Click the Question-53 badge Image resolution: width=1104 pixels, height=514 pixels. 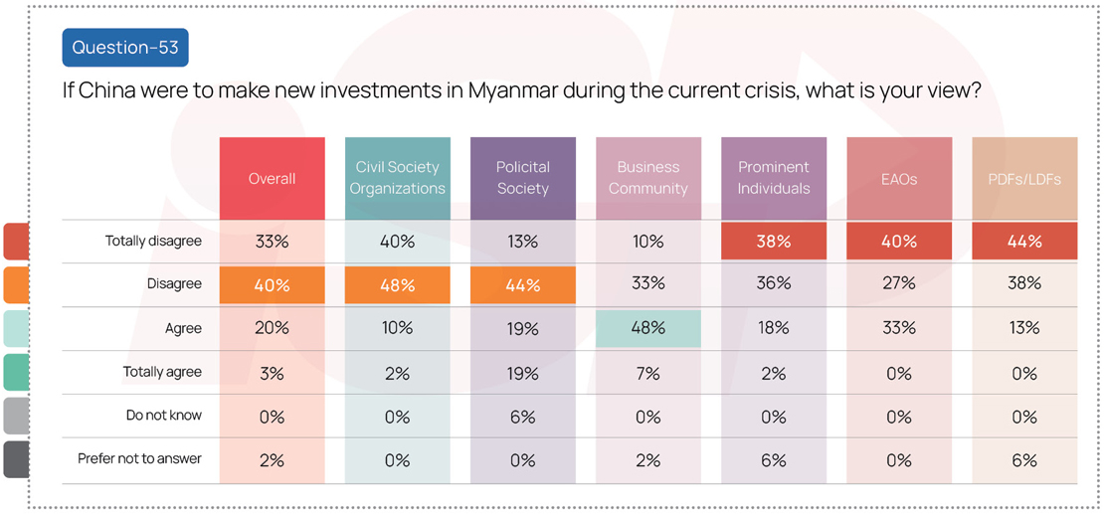tap(124, 47)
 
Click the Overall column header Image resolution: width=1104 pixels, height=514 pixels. tap(272, 179)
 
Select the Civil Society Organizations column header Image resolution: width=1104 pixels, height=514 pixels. tap(397, 179)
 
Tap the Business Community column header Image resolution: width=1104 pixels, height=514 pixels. tap(647, 179)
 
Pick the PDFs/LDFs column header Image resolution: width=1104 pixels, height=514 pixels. tap(1023, 179)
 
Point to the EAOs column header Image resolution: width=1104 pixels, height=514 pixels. tap(898, 179)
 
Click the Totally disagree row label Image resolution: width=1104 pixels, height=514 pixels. tap(153, 242)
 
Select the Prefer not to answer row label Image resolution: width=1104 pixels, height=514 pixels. tap(139, 459)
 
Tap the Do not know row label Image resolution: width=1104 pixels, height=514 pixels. tap(163, 416)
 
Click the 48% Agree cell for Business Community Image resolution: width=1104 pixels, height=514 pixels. tap(647, 328)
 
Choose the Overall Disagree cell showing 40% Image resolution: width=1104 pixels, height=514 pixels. tap(272, 284)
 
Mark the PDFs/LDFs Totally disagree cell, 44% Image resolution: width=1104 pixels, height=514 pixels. tap(1023, 242)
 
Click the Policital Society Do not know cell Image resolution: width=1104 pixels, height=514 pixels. tap(522, 416)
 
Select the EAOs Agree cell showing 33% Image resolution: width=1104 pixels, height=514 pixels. tap(898, 328)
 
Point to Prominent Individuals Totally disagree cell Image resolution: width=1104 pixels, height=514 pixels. tap(773, 242)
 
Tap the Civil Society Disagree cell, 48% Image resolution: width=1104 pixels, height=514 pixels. tap(397, 284)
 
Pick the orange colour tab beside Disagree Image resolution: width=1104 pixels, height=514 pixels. tap(16, 284)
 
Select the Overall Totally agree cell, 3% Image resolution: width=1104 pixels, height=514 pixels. tap(272, 373)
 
